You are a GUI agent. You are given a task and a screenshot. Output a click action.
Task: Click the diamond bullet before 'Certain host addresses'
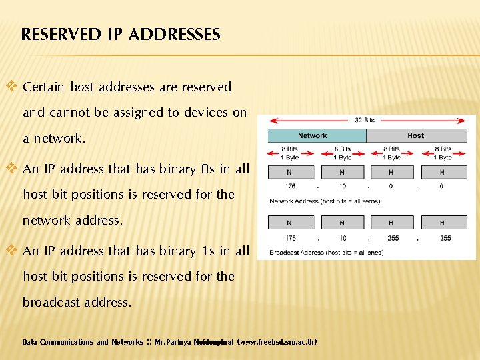[12, 87]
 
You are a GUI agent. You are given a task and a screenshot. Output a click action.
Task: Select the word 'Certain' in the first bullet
[44, 87]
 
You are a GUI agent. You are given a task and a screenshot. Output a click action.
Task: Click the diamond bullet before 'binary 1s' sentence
[12, 251]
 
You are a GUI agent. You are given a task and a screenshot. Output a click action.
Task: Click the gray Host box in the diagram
[415, 136]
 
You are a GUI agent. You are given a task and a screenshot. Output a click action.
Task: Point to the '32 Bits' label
[365, 120]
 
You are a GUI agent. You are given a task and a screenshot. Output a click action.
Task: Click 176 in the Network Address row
[291, 186]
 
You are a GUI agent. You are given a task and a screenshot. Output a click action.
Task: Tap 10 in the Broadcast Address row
[342, 238]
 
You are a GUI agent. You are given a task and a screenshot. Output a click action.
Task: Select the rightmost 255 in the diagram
[445, 238]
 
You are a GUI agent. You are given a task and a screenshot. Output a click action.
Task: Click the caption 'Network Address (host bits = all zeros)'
[325, 201]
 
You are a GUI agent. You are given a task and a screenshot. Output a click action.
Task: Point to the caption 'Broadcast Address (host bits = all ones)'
[326, 253]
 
